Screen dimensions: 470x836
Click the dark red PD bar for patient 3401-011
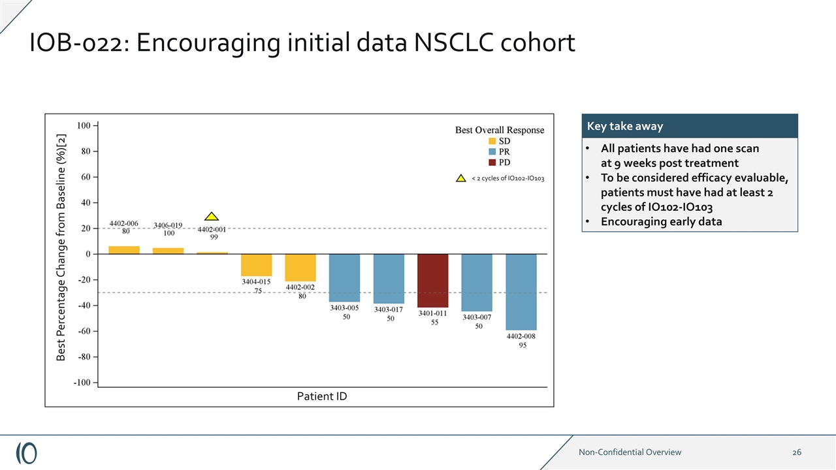pyautogui.click(x=432, y=280)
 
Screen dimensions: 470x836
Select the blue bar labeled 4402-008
pyautogui.click(x=521, y=292)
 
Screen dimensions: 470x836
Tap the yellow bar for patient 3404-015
pyautogui.click(x=256, y=265)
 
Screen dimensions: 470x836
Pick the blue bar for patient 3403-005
pyautogui.click(x=344, y=277)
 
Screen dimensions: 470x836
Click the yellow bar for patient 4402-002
pyautogui.click(x=300, y=268)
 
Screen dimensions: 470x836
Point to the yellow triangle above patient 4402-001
pyautogui.click(x=211, y=217)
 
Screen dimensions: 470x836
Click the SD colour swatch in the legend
pyautogui.click(x=492, y=141)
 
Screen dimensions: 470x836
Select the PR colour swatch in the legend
pyautogui.click(x=492, y=151)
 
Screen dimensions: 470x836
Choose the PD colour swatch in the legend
pyautogui.click(x=492, y=162)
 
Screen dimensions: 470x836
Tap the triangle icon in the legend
pyautogui.click(x=460, y=178)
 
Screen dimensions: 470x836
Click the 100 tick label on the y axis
pyautogui.click(x=84, y=125)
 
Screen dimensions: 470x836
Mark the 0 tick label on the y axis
pyautogui.click(x=88, y=254)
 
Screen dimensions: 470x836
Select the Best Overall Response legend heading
pyautogui.click(x=500, y=130)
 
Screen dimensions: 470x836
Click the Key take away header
pyautogui.click(x=624, y=126)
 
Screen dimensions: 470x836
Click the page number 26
pyautogui.click(x=797, y=452)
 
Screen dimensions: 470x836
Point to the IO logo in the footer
pyautogui.click(x=26, y=452)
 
